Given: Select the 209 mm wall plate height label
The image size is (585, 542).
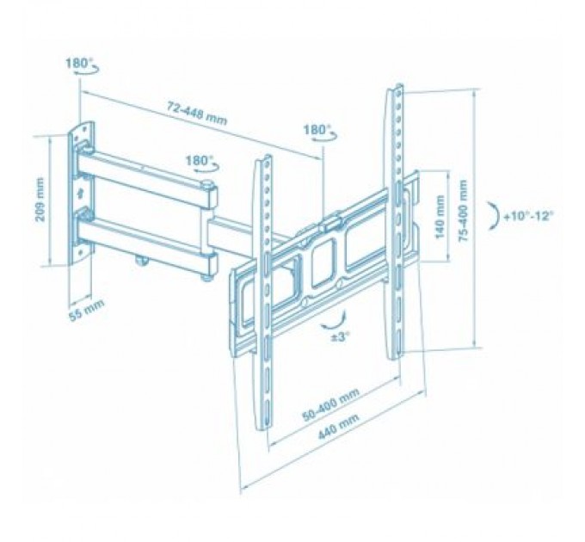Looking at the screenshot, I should pyautogui.click(x=40, y=200).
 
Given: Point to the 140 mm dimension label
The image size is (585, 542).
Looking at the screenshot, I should pyautogui.click(x=440, y=217).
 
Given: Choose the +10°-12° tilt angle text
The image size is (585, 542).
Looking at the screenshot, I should pyautogui.click(x=529, y=215).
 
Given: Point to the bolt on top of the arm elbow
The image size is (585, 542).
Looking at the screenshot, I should pyautogui.click(x=207, y=184).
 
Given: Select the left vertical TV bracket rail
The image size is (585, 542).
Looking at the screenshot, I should pyautogui.click(x=266, y=293).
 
